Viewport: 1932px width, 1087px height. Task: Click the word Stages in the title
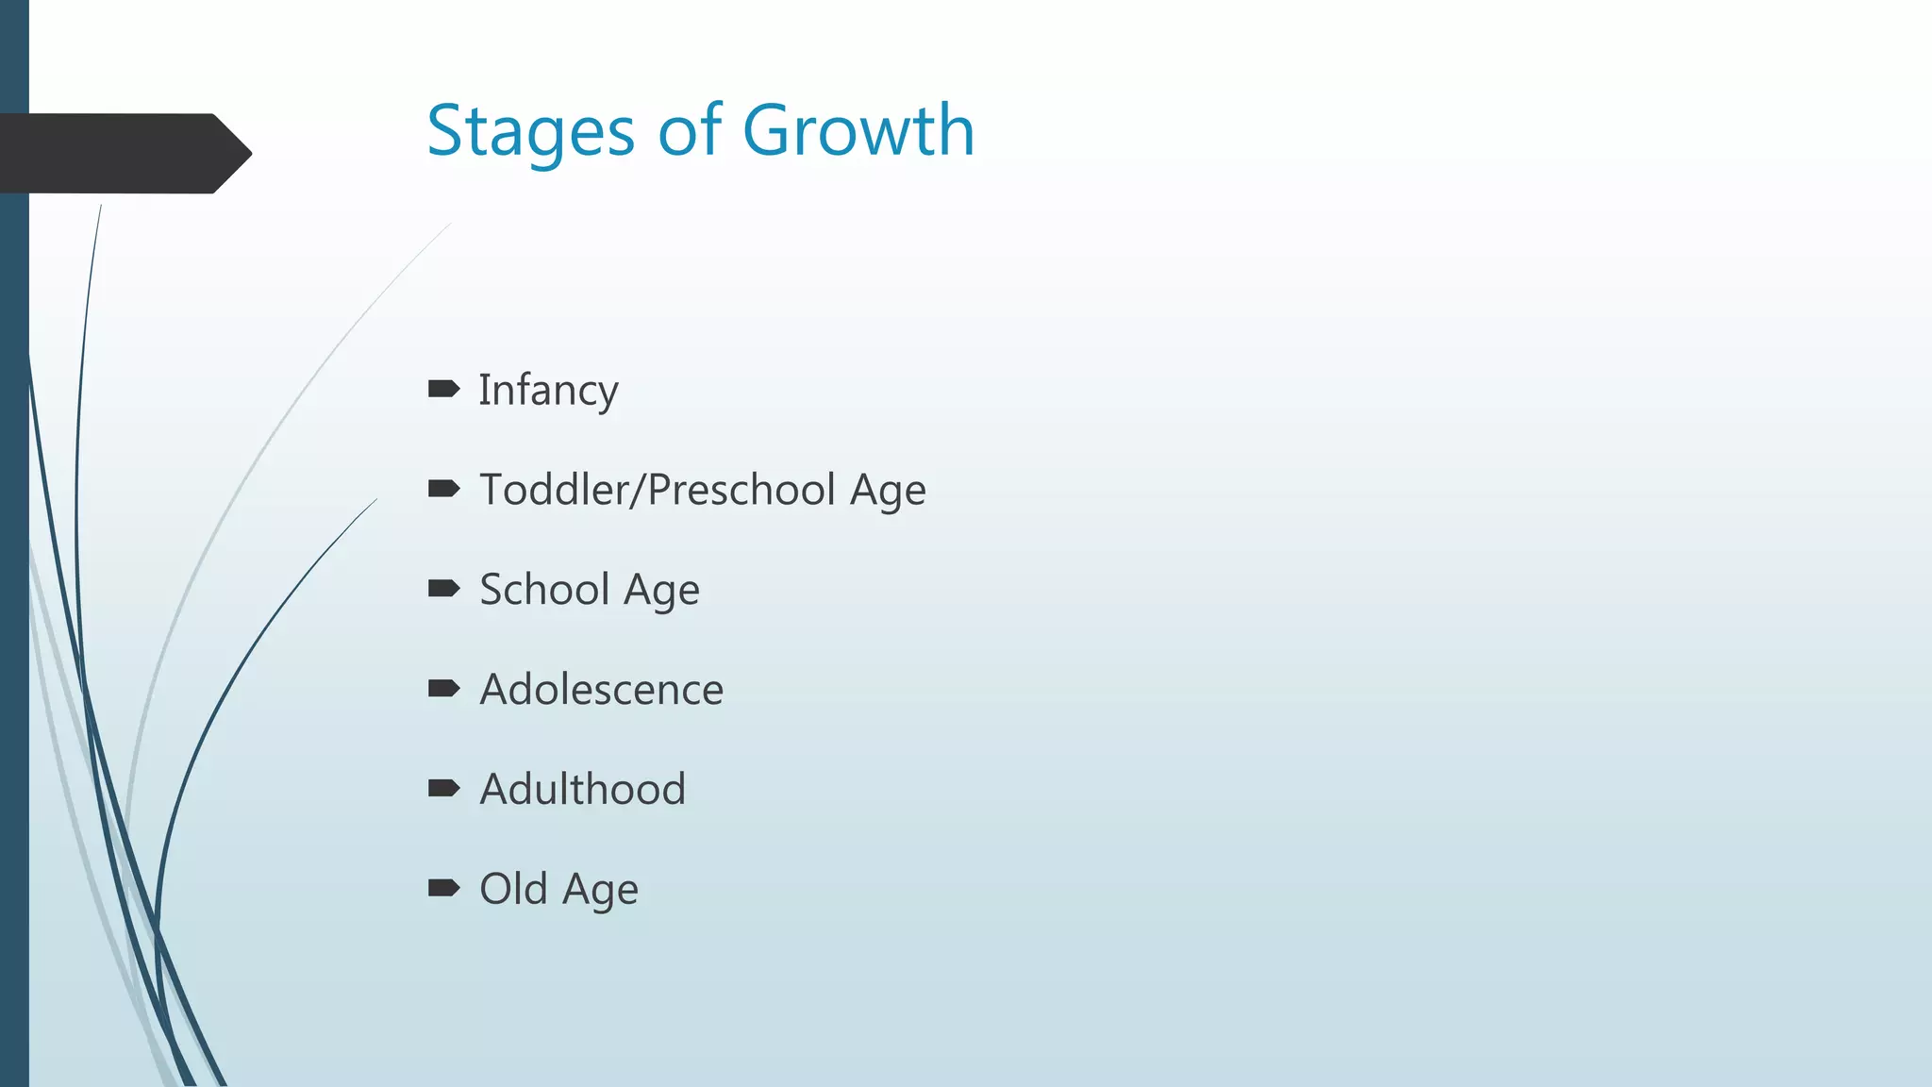click(530, 131)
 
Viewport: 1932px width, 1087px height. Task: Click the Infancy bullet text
click(548, 391)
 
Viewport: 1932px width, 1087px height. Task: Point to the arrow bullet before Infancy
click(443, 389)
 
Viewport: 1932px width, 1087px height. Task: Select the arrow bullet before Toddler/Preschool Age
click(443, 489)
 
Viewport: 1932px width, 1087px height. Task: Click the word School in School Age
click(544, 590)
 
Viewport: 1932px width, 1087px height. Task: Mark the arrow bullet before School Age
click(443, 589)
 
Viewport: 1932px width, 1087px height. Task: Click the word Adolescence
click(601, 690)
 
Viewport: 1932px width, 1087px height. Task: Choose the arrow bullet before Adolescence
click(443, 688)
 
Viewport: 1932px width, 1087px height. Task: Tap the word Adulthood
click(582, 789)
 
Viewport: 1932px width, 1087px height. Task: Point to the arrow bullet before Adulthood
click(443, 788)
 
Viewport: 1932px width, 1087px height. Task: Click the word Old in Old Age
click(513, 889)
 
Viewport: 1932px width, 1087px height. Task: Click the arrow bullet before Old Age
click(443, 888)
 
